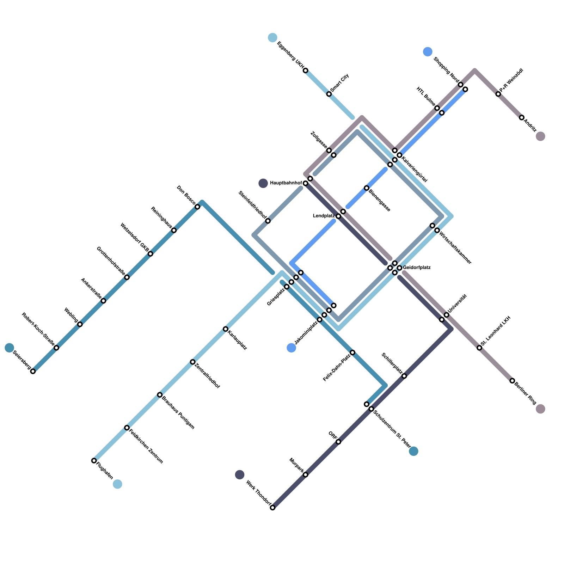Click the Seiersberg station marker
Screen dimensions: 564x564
point(33,371)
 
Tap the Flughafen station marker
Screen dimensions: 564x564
point(94,460)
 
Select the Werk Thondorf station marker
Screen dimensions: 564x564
point(272,508)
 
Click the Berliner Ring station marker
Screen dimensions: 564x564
point(512,381)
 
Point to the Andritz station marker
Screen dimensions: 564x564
point(521,117)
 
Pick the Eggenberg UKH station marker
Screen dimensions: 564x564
point(305,70)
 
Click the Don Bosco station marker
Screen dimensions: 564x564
point(197,207)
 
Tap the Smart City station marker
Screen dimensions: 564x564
point(329,94)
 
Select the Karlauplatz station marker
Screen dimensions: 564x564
point(226,329)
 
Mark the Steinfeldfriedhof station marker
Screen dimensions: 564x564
point(268,221)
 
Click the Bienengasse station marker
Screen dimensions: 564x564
point(367,188)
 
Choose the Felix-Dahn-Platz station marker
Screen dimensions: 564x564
point(352,352)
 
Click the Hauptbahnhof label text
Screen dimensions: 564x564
point(286,183)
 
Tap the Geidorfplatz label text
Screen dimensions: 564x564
point(417,268)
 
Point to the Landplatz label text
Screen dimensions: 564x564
point(324,216)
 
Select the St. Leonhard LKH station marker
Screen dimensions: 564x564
point(479,348)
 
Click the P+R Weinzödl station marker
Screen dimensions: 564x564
point(498,94)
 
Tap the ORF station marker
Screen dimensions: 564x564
point(338,442)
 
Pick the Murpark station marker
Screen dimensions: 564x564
point(305,475)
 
